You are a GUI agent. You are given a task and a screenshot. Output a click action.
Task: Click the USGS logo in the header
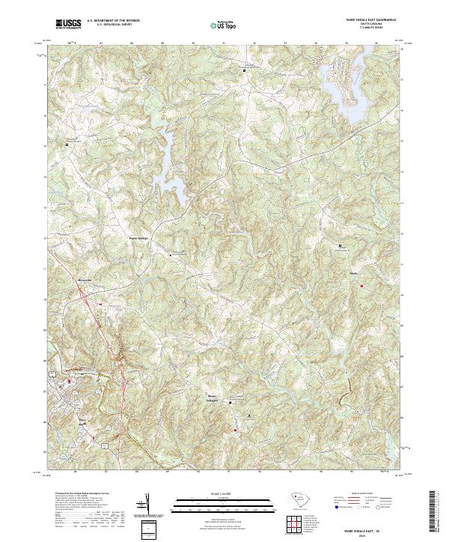tap(68, 25)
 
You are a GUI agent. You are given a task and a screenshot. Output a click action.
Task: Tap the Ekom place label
tap(354, 273)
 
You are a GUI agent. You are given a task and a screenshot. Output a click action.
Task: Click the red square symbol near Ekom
tap(361, 285)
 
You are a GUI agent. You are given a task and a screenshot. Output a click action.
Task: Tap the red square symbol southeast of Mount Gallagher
tap(235, 430)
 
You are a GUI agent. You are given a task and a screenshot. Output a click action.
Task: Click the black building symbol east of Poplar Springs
tap(170, 255)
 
